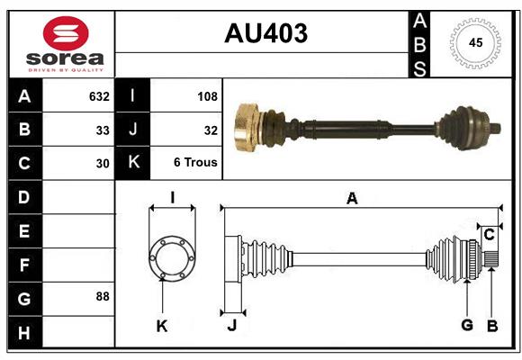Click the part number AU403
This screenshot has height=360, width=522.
pos(265,33)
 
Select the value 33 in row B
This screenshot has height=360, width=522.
pos(103,130)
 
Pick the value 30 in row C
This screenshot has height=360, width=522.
pos(103,164)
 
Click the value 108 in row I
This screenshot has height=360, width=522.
pos(207,96)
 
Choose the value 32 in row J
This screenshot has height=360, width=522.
pos(211,130)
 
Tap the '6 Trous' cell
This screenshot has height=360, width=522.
pos(195,164)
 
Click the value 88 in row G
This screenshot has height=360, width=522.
pos(103,296)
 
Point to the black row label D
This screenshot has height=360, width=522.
pos(24,197)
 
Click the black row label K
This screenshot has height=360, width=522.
pos(132,163)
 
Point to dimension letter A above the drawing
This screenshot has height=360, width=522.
pos(352,199)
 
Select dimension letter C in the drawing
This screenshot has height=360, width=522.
pos(489,235)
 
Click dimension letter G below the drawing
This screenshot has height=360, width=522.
pos(467,325)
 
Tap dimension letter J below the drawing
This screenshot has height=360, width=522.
pos(231,325)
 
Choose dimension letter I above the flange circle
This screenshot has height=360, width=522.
pos(172,197)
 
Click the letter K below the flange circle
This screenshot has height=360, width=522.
pos(162,326)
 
